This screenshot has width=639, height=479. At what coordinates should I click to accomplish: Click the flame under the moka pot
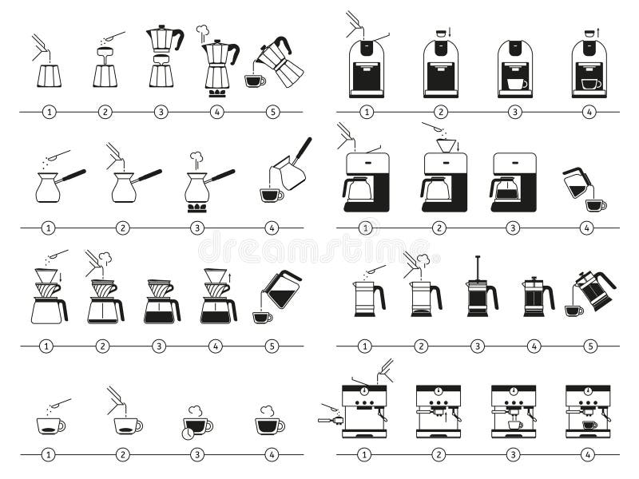[216, 93]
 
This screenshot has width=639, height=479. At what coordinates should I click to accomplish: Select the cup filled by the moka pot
[255, 81]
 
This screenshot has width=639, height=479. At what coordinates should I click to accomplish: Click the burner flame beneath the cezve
[196, 208]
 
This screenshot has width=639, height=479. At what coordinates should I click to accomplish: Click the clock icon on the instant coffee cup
[187, 433]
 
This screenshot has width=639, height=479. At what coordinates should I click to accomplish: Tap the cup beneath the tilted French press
[574, 311]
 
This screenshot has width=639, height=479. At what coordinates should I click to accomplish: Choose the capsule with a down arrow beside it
[438, 33]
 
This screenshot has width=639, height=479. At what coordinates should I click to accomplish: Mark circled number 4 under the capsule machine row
[589, 112]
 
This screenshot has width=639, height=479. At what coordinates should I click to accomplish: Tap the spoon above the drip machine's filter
[434, 128]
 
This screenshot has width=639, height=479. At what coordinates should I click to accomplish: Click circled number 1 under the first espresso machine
[365, 455]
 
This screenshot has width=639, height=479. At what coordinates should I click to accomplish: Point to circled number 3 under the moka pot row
[161, 112]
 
